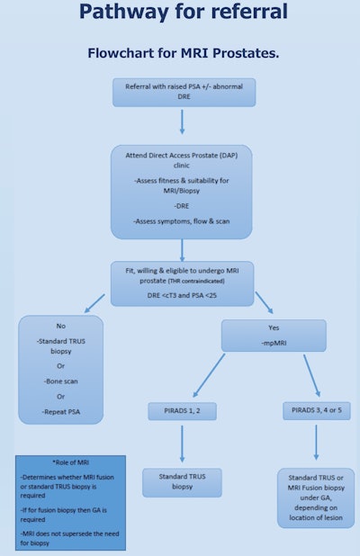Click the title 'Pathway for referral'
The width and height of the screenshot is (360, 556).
click(x=184, y=13)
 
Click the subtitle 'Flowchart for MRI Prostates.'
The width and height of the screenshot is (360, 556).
click(x=183, y=52)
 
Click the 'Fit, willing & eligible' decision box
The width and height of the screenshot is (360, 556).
click(x=182, y=282)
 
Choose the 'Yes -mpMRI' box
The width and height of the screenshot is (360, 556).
click(x=274, y=335)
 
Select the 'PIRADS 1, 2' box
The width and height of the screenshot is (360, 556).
click(x=182, y=411)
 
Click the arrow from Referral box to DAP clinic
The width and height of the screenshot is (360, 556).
click(x=182, y=121)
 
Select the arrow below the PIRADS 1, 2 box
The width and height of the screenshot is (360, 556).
click(x=182, y=443)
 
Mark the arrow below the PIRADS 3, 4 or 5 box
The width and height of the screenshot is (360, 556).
click(x=316, y=443)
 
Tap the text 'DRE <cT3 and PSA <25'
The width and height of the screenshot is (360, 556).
click(x=182, y=294)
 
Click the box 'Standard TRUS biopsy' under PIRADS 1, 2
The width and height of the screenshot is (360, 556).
click(x=182, y=482)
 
